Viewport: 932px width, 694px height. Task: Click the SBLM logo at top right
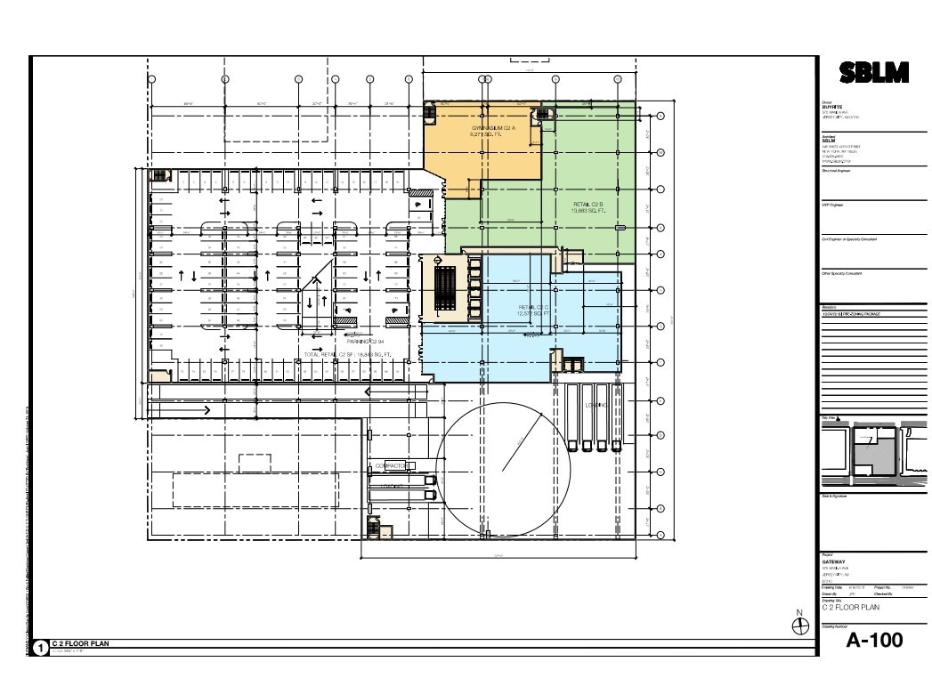[874, 74]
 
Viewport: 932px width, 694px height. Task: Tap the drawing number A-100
[874, 640]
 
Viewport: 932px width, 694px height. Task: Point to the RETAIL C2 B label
[588, 207]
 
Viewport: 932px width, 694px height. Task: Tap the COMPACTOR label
[392, 465]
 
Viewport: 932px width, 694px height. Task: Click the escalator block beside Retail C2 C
[445, 286]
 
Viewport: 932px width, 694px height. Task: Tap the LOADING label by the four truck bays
[596, 406]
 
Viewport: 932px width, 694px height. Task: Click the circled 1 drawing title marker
[40, 647]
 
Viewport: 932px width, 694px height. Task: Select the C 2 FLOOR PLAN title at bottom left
[80, 642]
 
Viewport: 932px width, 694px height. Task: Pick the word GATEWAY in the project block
[838, 562]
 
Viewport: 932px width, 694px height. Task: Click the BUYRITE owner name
[831, 107]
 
